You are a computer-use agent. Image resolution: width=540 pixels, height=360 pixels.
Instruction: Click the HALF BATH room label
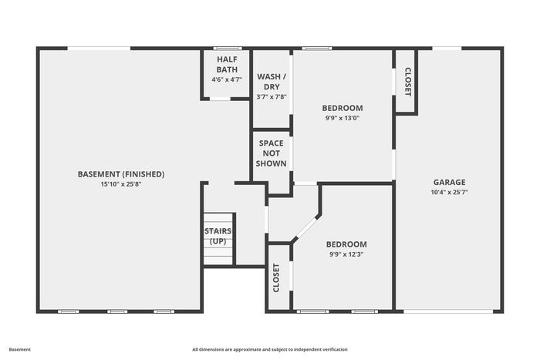pos(227,64)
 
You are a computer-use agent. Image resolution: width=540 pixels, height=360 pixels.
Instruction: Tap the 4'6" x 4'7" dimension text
pos(227,79)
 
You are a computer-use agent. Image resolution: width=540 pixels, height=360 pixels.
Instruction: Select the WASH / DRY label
pos(272,82)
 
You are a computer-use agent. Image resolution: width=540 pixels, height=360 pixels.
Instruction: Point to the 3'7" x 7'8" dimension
pos(272,97)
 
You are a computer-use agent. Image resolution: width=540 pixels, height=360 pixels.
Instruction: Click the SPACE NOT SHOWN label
pos(271,153)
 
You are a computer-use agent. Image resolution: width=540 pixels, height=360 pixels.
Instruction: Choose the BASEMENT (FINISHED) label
pos(121,174)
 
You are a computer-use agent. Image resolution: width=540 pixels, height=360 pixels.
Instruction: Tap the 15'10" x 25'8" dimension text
pos(121,184)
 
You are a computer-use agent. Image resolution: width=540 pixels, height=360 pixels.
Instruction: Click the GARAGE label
pos(450,182)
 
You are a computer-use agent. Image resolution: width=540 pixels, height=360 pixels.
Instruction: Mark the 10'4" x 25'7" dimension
pos(450,193)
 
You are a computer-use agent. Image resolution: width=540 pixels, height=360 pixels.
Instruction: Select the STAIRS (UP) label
pos(218,236)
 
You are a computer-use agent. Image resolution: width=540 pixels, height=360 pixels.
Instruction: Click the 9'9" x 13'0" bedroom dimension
pos(343,118)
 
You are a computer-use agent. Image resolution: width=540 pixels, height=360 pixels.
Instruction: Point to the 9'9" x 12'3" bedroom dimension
pos(346,254)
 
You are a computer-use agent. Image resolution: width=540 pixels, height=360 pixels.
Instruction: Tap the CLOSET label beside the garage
pos(407,82)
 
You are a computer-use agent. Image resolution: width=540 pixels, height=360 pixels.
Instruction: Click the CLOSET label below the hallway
pos(276,278)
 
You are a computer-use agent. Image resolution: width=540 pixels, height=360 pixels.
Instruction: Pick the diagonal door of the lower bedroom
pos(307,227)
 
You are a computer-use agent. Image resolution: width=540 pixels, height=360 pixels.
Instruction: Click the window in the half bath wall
pos(228,49)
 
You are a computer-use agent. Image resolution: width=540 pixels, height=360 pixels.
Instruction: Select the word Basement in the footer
pos(19,349)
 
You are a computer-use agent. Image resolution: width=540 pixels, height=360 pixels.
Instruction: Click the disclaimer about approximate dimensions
pos(270,349)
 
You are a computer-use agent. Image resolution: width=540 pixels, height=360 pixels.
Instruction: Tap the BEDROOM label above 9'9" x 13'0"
pos(343,108)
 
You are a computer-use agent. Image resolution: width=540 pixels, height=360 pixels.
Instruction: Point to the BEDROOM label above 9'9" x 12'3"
pos(346,244)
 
